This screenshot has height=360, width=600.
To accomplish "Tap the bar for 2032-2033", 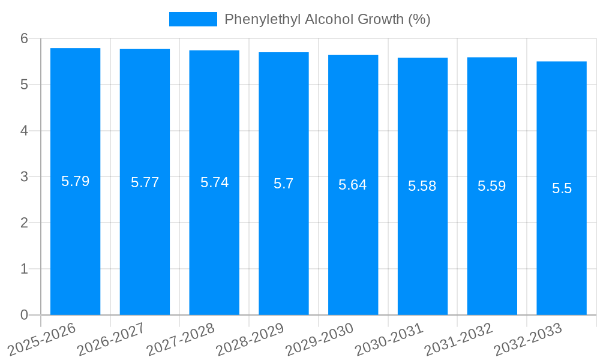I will coord(562,240).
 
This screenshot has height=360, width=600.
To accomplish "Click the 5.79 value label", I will coord(76,181).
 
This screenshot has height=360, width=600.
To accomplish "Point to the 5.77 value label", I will coord(145,182).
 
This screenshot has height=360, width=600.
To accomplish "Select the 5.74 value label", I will coord(214,182).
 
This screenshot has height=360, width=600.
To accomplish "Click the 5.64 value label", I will coord(353,185).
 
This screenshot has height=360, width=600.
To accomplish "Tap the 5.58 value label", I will coord(422,186).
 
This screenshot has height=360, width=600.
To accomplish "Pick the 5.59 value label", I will coord(492,186).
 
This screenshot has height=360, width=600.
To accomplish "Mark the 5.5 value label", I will coord(562,188).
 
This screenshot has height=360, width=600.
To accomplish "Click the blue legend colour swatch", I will coord(193,19).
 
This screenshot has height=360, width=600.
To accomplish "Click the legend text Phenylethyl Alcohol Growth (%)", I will coord(328,19).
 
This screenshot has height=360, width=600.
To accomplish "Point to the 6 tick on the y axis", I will coord(24,38).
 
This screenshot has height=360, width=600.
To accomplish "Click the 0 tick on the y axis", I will coord(24,315).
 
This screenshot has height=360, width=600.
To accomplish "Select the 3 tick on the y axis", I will coord(24,177).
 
